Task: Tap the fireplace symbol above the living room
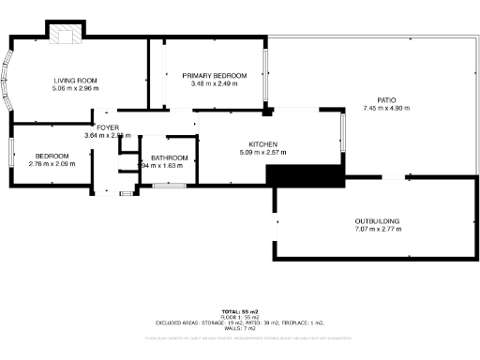[x=67, y=34]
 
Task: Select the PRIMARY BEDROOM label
[x=215, y=76]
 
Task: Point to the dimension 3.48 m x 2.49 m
[x=215, y=84]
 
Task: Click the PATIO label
[x=386, y=99]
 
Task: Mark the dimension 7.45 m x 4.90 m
[x=386, y=108]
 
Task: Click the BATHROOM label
[x=169, y=157]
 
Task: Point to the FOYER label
[x=107, y=127]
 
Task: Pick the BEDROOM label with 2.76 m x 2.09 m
[x=52, y=156]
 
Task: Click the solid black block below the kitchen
[x=302, y=174]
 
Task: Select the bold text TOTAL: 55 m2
[x=240, y=311]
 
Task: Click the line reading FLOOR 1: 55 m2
[x=240, y=317]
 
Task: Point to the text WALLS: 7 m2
[x=240, y=329]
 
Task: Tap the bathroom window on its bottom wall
[x=169, y=186]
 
